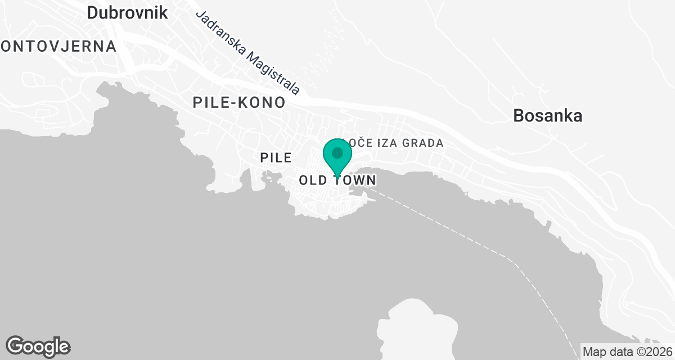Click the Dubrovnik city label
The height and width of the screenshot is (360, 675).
pos(128,12)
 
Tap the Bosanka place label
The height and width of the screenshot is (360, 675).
pos(547,116)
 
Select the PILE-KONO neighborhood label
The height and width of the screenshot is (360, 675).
pos(239,102)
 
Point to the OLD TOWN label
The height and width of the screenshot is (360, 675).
pos(337,181)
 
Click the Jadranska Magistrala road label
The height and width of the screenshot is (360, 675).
pos(247,52)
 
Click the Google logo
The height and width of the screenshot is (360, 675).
pos(38,346)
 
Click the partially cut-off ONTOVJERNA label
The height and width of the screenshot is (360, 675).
pos(58,46)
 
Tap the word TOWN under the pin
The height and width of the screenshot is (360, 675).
pos(357,181)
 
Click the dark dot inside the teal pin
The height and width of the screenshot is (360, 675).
pos(337,153)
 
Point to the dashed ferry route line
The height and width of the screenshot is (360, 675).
pos(478,239)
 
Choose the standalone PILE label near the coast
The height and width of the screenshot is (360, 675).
pos(276,158)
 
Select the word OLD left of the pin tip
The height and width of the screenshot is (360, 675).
pos(313,181)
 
